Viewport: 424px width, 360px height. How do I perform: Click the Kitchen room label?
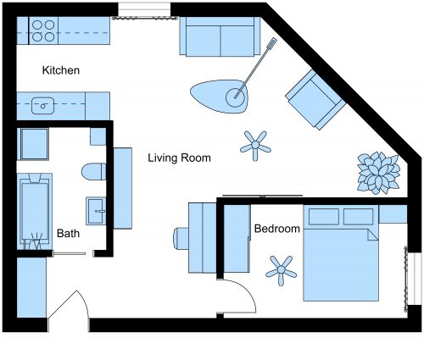[x=60, y=71]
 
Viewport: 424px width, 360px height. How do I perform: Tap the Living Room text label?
[x=179, y=158]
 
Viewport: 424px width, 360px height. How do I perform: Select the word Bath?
[x=68, y=233]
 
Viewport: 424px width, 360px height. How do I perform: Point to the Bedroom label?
[x=277, y=229]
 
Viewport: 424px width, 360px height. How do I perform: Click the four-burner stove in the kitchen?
[x=43, y=32]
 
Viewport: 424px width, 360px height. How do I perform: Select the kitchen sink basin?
[x=42, y=106]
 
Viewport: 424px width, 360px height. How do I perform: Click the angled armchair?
[x=313, y=98]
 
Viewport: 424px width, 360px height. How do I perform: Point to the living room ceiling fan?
[x=255, y=145]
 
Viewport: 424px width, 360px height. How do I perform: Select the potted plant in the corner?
[x=377, y=173]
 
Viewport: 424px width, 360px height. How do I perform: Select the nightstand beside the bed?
[x=393, y=213]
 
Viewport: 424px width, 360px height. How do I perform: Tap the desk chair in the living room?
[x=181, y=237]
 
